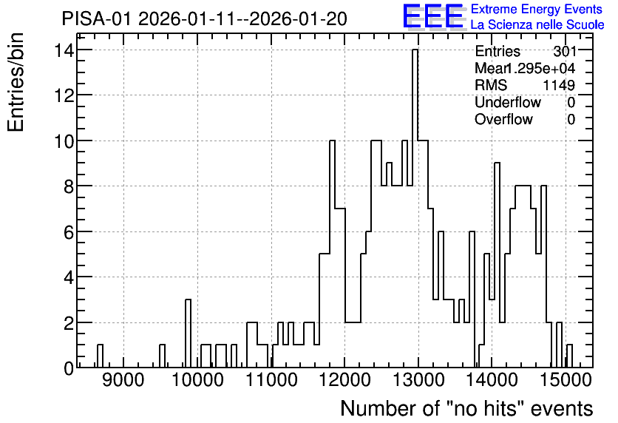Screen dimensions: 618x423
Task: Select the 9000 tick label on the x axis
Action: coord(123,380)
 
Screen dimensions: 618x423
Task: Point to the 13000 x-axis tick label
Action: coord(418,380)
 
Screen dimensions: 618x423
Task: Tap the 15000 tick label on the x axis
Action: coord(566,380)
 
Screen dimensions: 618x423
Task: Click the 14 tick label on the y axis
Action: coord(64,50)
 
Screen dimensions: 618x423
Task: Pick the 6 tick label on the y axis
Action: coord(69,231)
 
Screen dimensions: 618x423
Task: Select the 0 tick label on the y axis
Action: coord(69,368)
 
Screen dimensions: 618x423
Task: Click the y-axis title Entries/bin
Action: coord(16,83)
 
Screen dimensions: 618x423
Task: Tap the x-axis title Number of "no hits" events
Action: coord(466,408)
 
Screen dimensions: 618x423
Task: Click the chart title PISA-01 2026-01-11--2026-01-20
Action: coord(205,19)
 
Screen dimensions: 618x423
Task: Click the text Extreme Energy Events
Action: coord(537,9)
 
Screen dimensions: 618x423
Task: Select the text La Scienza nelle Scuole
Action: coord(537,25)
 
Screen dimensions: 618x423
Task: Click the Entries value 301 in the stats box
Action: coord(564,51)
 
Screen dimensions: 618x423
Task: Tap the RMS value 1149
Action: coord(560,85)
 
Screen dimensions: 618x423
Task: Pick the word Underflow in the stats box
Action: coord(508,103)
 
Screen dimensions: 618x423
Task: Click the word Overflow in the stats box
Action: coord(503,119)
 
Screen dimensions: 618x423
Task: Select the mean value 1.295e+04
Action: coord(540,68)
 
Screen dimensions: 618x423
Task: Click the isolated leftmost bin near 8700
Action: coord(100,356)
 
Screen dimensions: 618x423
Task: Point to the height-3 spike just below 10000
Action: coord(188,334)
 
